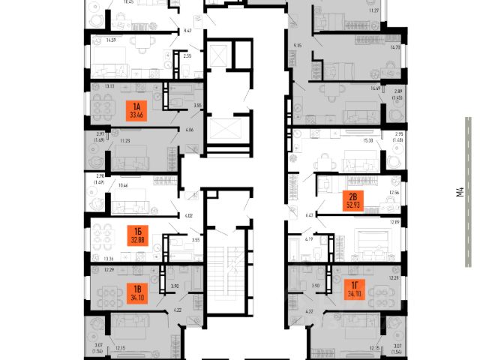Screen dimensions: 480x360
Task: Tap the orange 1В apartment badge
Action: point(136,292)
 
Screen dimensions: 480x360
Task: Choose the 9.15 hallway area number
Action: point(297,46)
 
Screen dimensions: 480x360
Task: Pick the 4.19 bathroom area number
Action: point(308,240)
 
